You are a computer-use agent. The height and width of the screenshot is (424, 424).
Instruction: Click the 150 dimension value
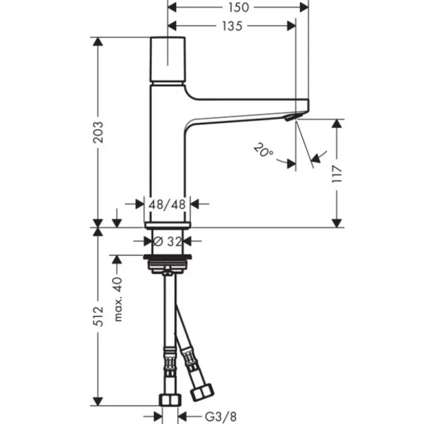238,7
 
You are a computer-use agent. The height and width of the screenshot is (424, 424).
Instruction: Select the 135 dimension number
232,26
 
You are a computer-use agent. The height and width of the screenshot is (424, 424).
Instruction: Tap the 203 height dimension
98,132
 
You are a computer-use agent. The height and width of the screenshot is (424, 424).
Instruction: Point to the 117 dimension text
337,174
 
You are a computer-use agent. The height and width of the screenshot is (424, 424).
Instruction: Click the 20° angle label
263,151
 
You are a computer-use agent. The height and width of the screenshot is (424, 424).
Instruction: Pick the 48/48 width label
167,204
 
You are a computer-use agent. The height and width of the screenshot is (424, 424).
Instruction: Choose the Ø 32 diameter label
167,242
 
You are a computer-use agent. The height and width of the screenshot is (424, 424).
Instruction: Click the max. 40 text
118,299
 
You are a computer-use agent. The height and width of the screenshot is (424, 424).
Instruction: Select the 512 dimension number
98,316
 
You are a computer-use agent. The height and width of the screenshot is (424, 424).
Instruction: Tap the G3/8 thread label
220,417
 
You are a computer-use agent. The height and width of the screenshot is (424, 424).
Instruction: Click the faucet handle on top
167,59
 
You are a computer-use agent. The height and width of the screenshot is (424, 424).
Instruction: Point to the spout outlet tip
291,117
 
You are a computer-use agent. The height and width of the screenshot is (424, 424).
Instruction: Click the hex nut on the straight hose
170,400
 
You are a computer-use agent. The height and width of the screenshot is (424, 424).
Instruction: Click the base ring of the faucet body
167,225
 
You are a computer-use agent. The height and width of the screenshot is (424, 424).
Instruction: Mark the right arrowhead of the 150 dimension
304,7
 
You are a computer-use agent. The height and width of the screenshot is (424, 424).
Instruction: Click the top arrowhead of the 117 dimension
337,123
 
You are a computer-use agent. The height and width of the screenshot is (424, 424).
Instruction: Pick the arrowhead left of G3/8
158,416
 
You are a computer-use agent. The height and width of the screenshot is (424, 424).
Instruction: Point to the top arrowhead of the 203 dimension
98,42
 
